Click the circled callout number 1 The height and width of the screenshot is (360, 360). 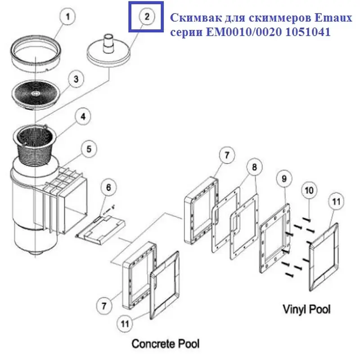tap(68, 18)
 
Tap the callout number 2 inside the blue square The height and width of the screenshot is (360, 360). tap(147, 17)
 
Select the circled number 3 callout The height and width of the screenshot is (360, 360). tap(76, 79)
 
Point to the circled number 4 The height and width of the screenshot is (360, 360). tap(83, 118)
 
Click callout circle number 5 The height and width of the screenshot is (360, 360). tap(89, 148)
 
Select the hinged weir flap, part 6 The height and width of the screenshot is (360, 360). tap(100, 229)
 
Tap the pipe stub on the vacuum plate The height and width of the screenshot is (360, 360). tap(108, 40)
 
